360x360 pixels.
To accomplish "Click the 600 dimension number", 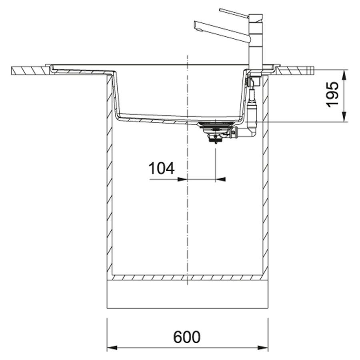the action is [187, 337].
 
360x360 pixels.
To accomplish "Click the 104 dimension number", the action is [162, 168].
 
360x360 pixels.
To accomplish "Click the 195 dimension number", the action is [333, 94].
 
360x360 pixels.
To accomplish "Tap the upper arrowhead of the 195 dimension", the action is [344, 75].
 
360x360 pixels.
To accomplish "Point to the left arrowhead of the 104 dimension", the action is [182, 179].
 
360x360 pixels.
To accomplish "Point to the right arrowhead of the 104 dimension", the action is [220, 179].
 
